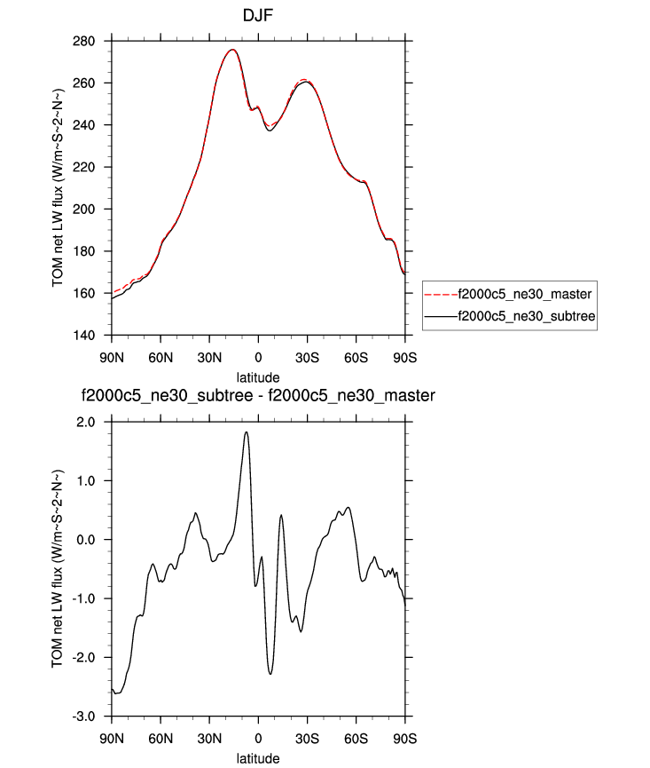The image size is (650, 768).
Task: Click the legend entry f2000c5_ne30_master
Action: [522, 292]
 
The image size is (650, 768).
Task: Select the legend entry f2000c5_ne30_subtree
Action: [522, 314]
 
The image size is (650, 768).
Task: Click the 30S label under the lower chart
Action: [307, 738]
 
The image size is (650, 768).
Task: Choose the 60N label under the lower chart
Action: [161, 738]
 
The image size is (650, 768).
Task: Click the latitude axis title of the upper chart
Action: [258, 376]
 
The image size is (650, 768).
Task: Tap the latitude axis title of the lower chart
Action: [258, 758]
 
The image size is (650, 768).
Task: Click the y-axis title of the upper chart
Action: [58, 188]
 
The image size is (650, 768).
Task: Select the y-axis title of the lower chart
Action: [58, 569]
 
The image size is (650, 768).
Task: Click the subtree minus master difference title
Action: [258, 395]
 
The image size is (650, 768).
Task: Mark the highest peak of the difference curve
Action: [246, 432]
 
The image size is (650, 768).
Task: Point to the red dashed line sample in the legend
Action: [438, 292]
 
